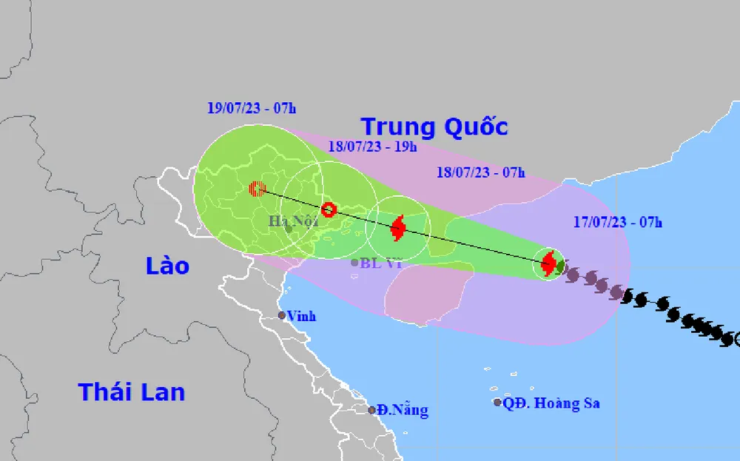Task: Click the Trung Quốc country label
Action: (434, 127)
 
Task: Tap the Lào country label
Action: (167, 266)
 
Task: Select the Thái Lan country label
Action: (132, 391)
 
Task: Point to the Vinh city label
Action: (302, 316)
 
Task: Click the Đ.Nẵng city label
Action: (402, 410)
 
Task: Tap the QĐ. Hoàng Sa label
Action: (551, 403)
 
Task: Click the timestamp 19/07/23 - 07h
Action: (252, 109)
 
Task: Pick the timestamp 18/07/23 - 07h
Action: (480, 173)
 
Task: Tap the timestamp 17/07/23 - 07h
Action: (618, 221)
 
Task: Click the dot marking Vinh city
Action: (282, 316)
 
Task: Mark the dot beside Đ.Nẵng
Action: (371, 410)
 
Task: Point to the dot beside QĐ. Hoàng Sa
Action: (497, 403)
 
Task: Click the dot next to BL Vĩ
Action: (355, 262)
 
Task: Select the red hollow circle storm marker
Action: (329, 209)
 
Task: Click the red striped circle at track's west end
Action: (256, 189)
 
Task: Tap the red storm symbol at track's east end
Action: (548, 262)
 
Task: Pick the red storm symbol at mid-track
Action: (398, 228)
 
